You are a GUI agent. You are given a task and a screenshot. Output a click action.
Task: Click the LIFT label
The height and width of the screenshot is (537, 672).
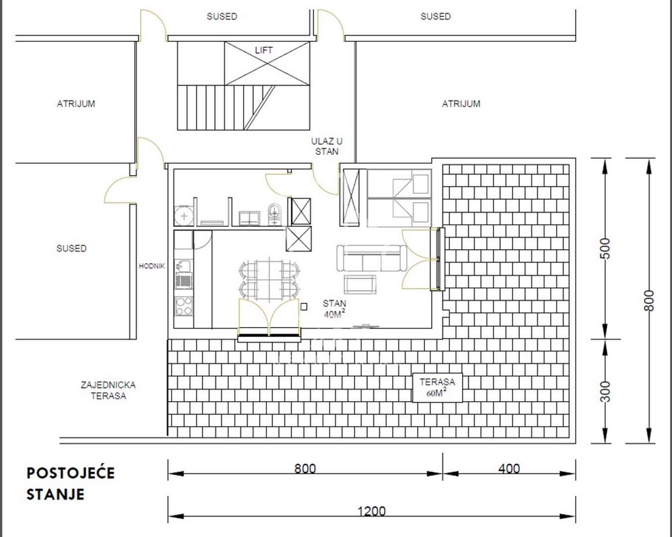tap(263, 50)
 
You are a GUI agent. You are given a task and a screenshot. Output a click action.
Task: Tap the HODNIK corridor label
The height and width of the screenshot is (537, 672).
tap(152, 266)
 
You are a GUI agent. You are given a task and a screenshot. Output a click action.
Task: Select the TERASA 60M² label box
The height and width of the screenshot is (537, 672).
tap(437, 388)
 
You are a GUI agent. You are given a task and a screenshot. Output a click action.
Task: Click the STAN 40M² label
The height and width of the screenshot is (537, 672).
tap(335, 309)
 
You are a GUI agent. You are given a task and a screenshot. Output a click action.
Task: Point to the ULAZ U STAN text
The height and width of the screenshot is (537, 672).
tap(327, 147)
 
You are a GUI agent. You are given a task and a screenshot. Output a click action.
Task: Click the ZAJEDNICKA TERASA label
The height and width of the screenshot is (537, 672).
tap(108, 390)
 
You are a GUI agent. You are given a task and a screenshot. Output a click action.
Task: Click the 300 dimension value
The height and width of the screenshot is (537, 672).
tap(605, 391)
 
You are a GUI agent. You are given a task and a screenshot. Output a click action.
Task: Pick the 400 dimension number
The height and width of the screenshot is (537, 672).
tap(509, 468)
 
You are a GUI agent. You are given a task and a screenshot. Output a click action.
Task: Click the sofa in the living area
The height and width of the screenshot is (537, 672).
tap(372, 258)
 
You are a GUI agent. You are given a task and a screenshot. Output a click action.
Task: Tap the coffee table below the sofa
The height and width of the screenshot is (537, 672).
tap(360, 284)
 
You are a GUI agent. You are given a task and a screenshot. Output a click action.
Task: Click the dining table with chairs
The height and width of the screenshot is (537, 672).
tap(269, 281)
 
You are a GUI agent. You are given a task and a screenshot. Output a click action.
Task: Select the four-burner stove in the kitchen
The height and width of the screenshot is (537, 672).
tap(184, 306)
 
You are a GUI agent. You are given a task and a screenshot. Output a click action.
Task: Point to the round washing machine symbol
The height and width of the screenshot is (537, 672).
tap(184, 216)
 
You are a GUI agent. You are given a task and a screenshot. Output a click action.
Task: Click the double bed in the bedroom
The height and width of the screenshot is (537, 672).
tap(399, 198)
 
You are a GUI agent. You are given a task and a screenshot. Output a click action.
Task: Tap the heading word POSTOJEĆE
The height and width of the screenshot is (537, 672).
tap(71, 473)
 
